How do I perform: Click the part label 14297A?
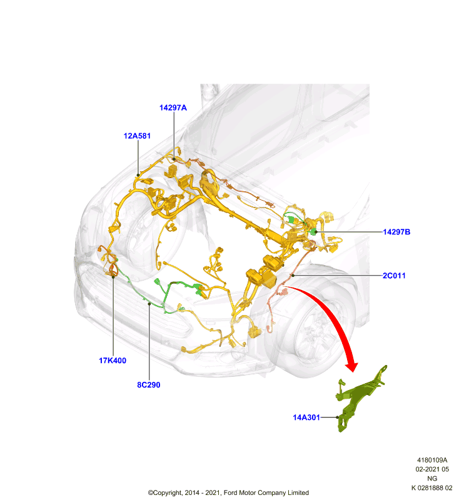173,107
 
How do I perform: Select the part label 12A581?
137,136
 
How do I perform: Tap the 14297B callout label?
396,232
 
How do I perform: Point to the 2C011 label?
394,276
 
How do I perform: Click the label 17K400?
113,361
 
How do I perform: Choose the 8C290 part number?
149,385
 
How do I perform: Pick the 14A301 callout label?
306,417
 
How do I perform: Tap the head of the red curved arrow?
352,367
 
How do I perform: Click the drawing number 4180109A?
432,460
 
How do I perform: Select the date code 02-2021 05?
432,469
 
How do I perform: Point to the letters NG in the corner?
432,478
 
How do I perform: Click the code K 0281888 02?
432,487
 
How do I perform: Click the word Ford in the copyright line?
231,492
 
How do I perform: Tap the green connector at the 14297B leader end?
313,231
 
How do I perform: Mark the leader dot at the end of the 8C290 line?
149,304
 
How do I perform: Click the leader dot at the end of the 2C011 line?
293,275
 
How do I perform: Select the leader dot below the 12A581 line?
138,175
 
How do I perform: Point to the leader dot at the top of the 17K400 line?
113,277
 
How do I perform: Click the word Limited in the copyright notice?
298,492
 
